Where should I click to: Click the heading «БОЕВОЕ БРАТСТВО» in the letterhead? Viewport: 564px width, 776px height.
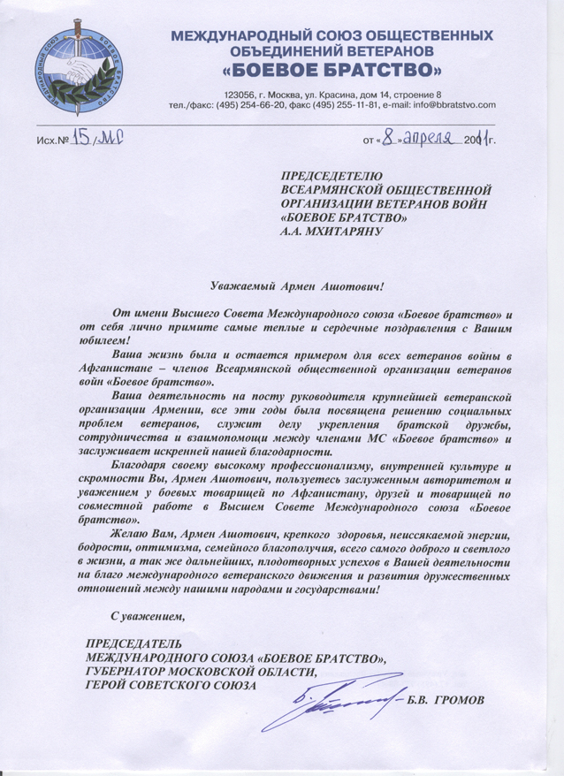point(332,69)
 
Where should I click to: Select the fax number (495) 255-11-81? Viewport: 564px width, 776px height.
point(353,105)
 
